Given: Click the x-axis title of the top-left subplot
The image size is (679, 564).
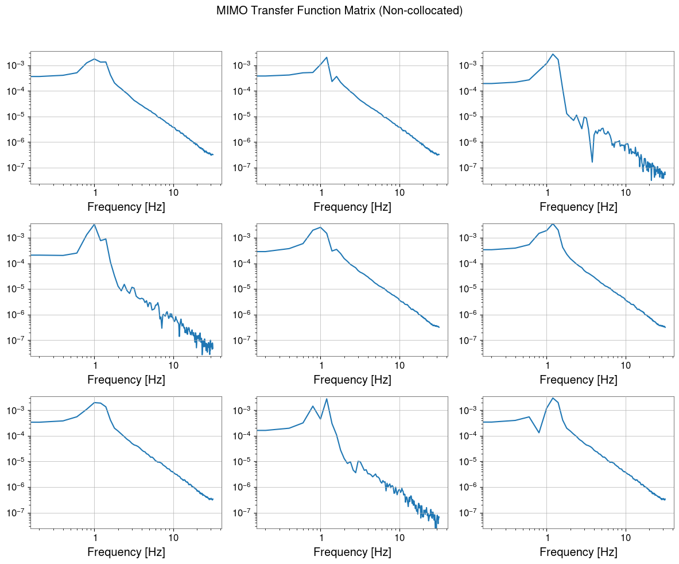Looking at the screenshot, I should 126,207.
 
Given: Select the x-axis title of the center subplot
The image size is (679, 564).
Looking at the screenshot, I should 352,379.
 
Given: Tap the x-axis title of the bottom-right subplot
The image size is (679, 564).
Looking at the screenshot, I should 579,552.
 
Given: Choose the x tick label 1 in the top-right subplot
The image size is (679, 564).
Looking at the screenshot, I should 547,191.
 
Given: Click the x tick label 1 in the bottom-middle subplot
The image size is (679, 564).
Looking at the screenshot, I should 321,536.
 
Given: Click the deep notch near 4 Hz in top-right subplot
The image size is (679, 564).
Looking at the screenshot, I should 592,162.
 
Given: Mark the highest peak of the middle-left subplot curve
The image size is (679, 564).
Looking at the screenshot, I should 94,224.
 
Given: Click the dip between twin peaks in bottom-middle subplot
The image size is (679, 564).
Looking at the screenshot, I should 320,419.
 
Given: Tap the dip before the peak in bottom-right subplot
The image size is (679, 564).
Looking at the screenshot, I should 539,432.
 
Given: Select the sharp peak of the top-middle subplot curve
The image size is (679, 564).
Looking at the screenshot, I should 327,57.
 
